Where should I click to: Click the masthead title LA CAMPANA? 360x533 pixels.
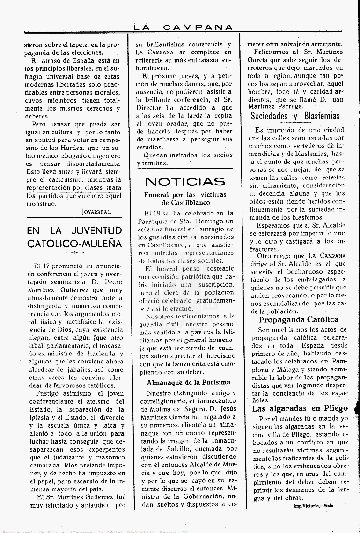pos(183,28)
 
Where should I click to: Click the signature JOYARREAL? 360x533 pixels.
pos(96,212)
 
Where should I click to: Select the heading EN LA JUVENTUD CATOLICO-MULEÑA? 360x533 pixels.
pos(74,237)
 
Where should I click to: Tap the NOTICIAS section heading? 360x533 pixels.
pos(185,182)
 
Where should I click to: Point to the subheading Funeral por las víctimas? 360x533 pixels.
pos(185,194)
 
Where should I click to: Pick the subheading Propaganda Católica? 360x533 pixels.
pos(299,320)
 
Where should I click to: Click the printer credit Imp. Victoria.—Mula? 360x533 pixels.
pos(313,506)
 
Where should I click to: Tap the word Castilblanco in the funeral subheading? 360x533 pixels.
pos(186,203)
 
